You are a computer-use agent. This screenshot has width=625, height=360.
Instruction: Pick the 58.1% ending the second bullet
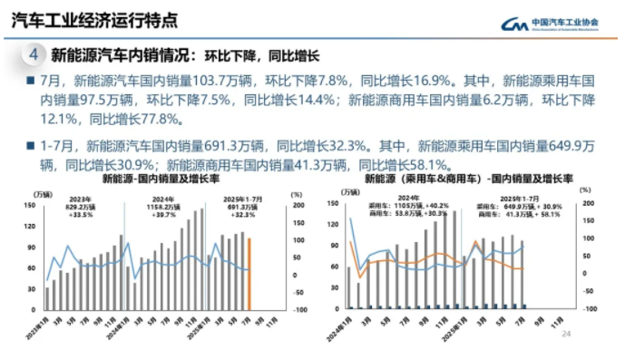click(425, 164)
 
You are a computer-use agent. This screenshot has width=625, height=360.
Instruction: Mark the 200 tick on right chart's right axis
click(587, 203)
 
